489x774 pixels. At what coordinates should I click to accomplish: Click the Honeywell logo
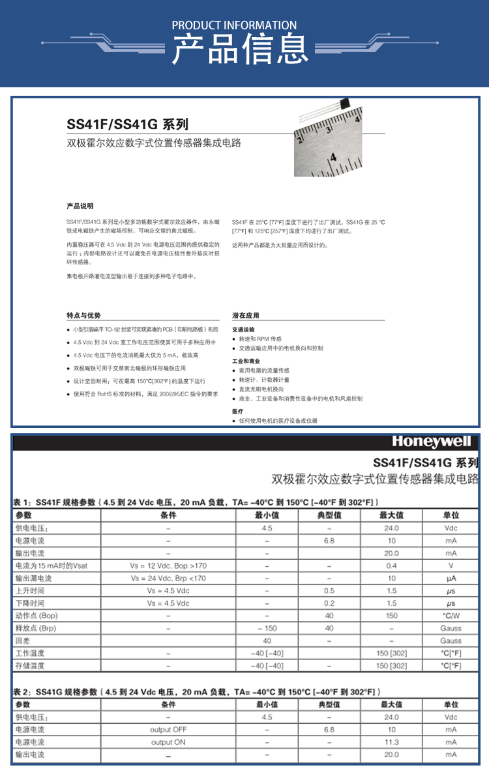431,442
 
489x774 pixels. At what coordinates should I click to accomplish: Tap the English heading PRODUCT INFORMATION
234,25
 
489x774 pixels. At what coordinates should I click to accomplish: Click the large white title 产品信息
239,50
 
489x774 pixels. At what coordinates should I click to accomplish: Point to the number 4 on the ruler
333,157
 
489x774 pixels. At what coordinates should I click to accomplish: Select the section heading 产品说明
80,207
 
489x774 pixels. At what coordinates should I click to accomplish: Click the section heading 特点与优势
83,315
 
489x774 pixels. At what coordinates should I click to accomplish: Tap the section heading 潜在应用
246,315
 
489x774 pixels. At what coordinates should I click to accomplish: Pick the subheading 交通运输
244,330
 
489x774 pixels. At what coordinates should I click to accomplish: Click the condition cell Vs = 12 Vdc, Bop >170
168,566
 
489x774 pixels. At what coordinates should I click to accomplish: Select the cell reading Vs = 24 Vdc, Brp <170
168,578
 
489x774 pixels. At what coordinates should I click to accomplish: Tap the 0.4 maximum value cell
391,566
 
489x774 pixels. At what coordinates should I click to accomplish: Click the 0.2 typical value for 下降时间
329,603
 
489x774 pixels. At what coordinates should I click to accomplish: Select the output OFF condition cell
168,730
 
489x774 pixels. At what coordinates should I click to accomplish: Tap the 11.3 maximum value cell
391,742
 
